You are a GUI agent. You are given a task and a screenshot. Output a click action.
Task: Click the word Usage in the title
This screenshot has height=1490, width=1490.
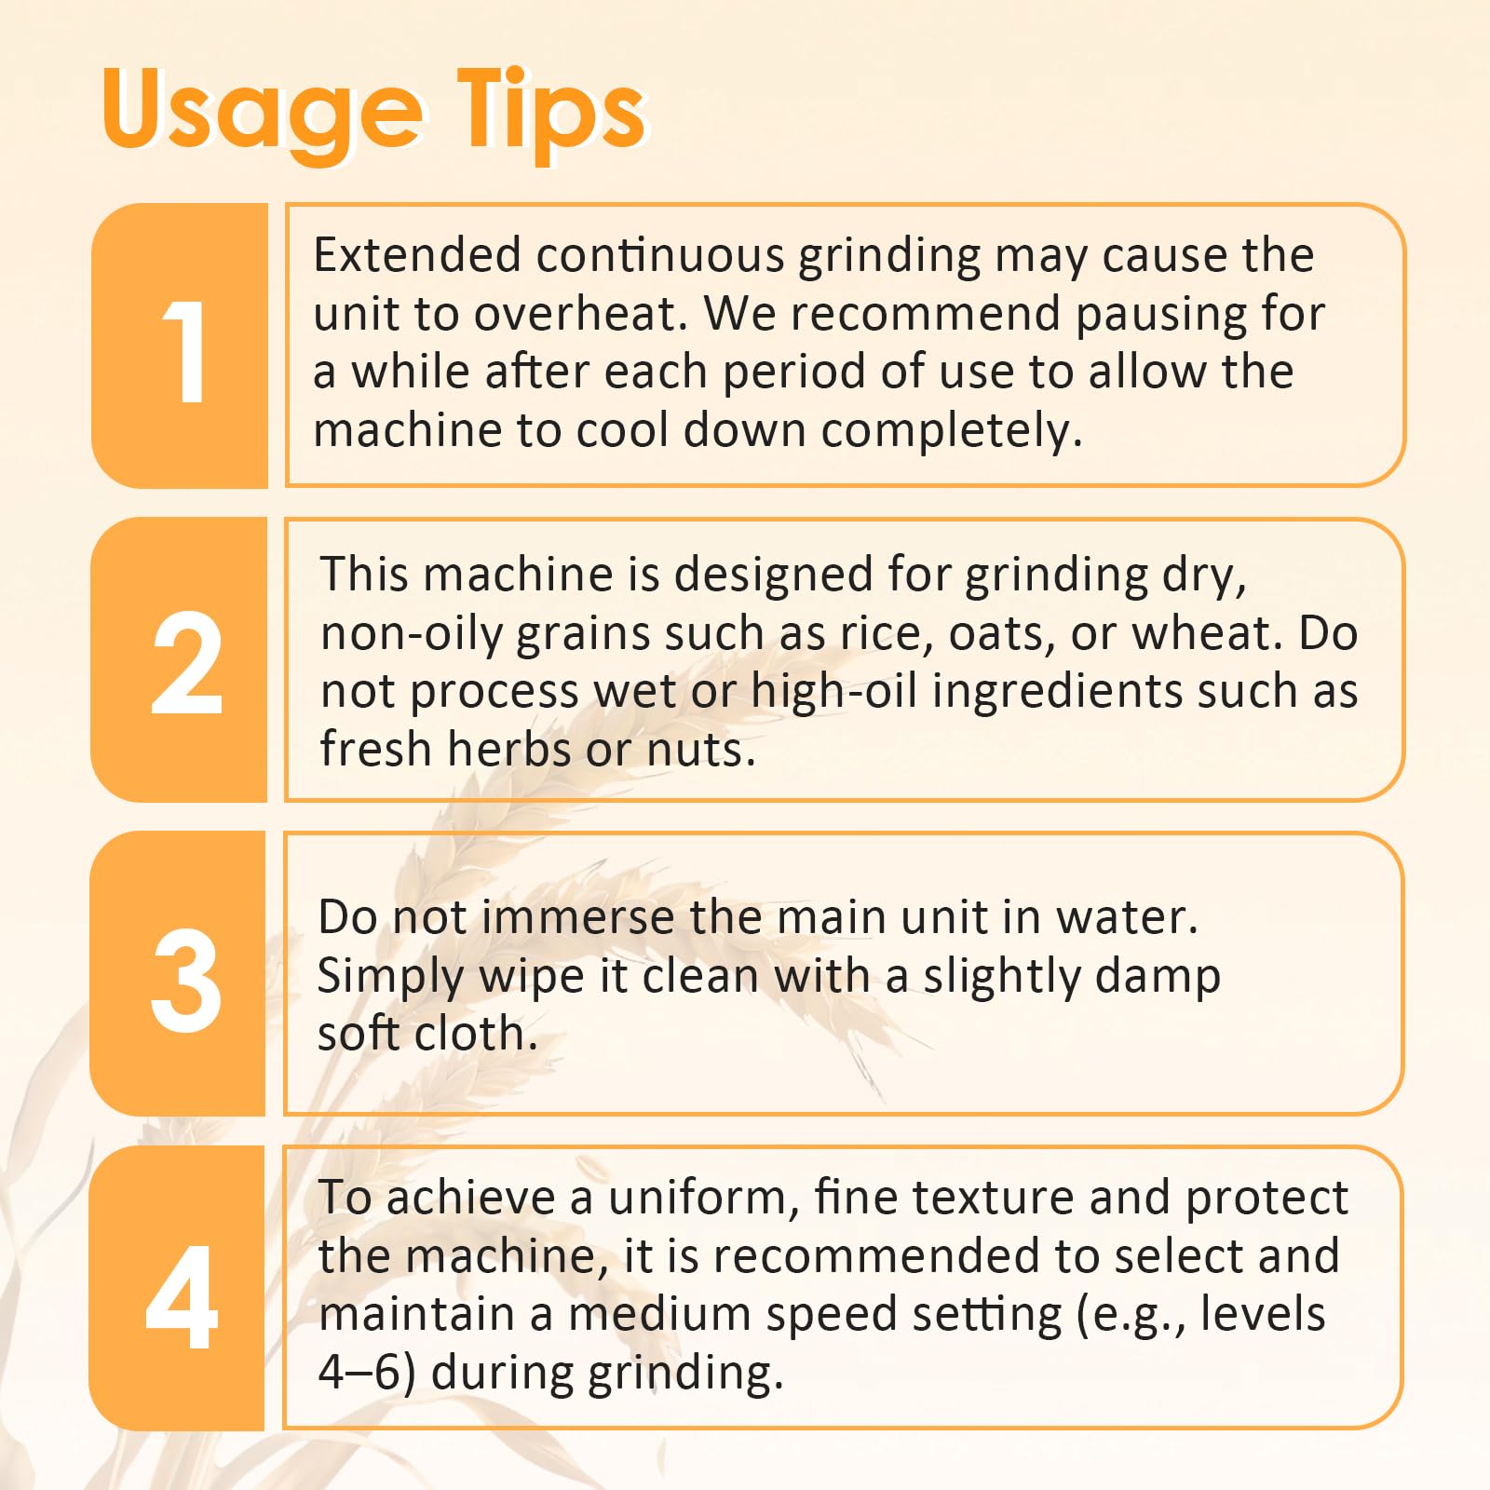point(262,115)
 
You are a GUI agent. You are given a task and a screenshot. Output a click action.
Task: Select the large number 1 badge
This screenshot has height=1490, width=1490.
point(180,345)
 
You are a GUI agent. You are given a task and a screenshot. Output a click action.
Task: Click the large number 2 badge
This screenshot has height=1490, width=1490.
point(180,659)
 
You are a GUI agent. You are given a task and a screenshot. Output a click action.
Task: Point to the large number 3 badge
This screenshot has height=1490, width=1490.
point(179,973)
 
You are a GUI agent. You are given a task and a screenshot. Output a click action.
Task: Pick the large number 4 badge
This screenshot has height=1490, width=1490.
point(178,1288)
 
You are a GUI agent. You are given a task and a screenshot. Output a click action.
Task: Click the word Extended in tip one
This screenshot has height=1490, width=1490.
point(417,255)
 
